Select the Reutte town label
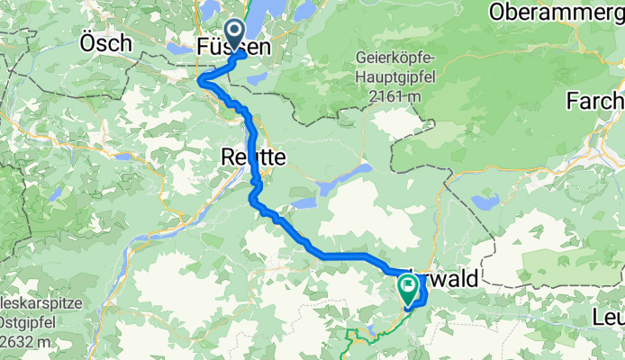(253, 157)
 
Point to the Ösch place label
(106, 42)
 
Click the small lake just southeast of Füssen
(256, 77)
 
